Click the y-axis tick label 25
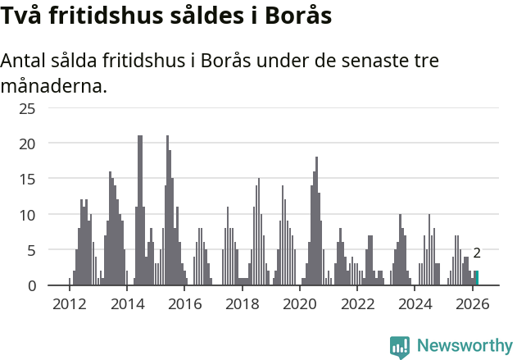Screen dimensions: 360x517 point(27,108)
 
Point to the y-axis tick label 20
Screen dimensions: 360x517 point(27,144)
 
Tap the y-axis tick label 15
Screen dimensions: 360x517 point(27,179)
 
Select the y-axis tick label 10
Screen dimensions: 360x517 point(27,215)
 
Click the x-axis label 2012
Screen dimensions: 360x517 point(69,304)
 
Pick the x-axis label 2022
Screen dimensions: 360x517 point(357,304)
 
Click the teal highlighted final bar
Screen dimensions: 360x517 point(477,278)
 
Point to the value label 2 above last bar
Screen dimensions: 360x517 point(477,254)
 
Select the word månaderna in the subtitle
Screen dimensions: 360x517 point(54,85)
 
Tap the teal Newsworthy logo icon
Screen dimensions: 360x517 point(400,347)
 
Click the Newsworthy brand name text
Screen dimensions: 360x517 point(465,346)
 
